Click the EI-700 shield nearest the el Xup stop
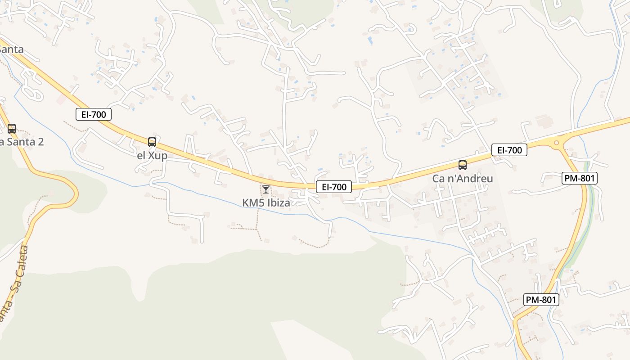(94, 115)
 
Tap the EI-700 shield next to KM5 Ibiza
(333, 187)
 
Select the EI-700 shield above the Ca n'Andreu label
(509, 150)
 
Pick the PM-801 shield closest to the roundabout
(580, 179)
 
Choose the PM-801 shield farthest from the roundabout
(541, 300)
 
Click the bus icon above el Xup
(152, 142)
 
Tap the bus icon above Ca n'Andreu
(463, 165)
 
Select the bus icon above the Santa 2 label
(12, 129)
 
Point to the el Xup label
(152, 156)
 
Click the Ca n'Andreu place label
(463, 179)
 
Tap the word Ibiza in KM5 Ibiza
(279, 203)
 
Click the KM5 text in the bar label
(253, 203)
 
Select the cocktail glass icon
(266, 189)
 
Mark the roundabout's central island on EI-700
(557, 143)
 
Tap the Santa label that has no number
(12, 49)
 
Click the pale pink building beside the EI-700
(61, 99)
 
